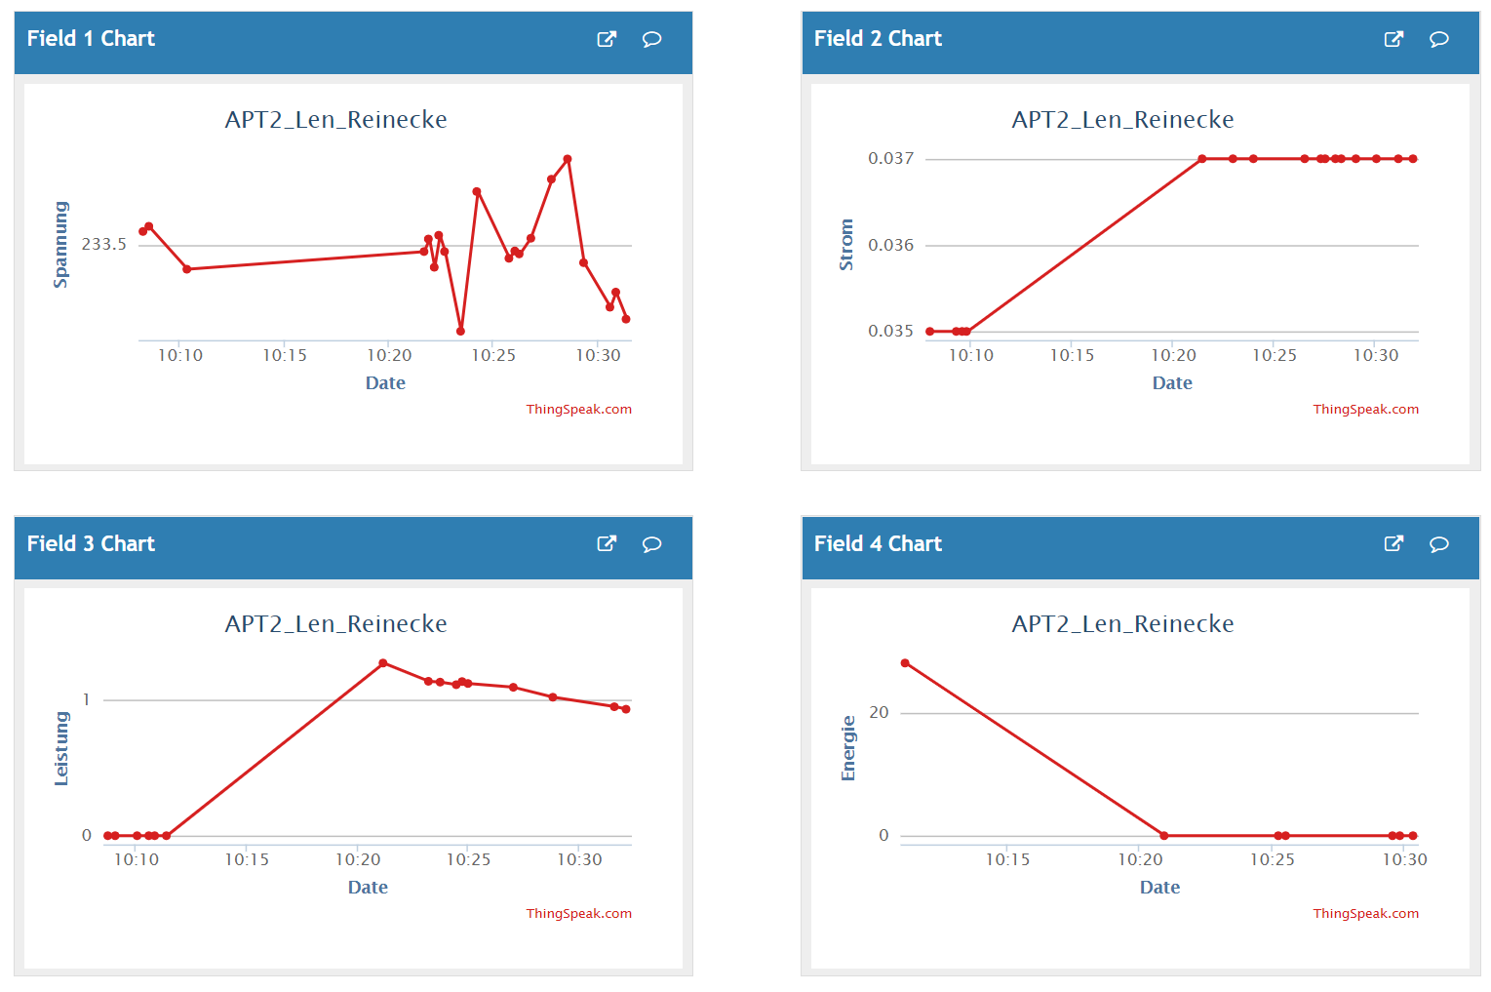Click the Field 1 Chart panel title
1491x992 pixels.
click(x=91, y=39)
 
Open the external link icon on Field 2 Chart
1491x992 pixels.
click(x=1393, y=39)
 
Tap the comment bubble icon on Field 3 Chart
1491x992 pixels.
click(x=651, y=544)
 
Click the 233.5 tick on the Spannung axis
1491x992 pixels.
click(x=103, y=244)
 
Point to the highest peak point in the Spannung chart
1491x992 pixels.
click(x=568, y=159)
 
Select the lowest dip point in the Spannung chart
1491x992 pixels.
click(x=460, y=332)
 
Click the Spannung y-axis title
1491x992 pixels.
click(x=61, y=245)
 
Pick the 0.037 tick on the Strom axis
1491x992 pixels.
click(x=890, y=158)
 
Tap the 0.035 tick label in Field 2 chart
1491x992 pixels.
click(x=890, y=331)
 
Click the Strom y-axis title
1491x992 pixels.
click(x=846, y=245)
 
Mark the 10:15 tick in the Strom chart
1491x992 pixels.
click(x=1072, y=356)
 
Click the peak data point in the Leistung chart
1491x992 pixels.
click(x=383, y=663)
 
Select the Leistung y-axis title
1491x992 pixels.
click(x=61, y=748)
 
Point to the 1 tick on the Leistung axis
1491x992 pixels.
click(x=86, y=699)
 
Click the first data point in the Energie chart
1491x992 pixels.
click(x=905, y=663)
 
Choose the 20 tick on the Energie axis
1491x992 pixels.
click(x=879, y=713)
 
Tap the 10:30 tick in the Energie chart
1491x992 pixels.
click(x=1404, y=859)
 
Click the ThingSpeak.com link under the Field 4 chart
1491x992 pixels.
click(x=1365, y=914)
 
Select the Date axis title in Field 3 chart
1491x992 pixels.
click(x=368, y=888)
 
